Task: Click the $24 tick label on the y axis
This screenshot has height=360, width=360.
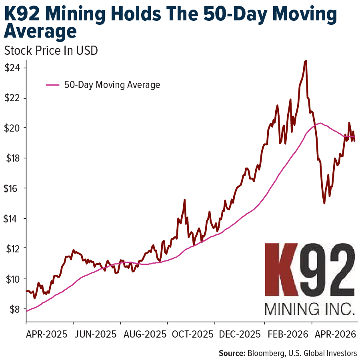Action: coord(12,68)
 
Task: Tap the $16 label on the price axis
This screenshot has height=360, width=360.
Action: coord(12,188)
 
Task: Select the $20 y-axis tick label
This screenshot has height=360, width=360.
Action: coord(12,128)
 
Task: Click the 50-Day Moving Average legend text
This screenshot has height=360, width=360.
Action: coord(112,85)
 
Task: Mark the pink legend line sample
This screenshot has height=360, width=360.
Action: coord(53,85)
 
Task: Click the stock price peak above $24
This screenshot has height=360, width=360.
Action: coord(306,61)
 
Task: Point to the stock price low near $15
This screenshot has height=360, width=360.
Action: coord(324,203)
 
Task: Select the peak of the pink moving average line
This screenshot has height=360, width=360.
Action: coord(320,123)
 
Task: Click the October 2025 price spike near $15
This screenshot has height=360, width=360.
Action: coord(184,200)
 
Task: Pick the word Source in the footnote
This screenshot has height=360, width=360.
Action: coord(231,353)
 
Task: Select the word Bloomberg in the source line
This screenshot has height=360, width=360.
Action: coord(266,353)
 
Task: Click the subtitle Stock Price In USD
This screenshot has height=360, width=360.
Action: coord(51,51)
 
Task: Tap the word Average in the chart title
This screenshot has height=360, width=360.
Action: coord(40,31)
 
